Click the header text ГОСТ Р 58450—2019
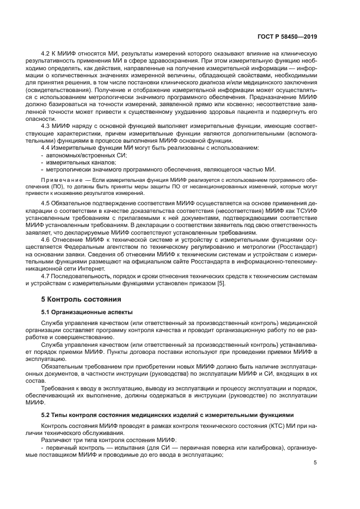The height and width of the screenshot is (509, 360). click(x=288, y=36)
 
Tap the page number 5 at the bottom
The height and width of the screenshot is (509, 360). click(x=315, y=463)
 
